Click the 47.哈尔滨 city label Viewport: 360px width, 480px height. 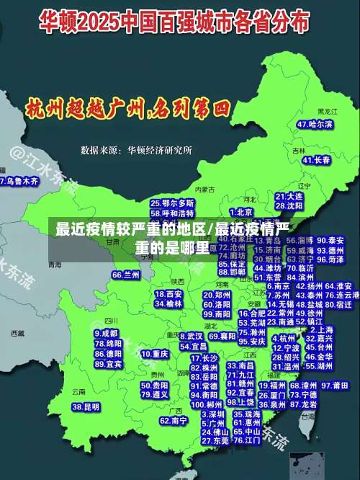(315, 124)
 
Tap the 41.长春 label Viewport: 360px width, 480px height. (312, 160)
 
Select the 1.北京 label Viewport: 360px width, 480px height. (242, 212)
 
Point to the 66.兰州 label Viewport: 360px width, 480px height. (126, 275)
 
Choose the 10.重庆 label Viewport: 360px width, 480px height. (155, 354)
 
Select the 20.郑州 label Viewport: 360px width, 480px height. (212, 295)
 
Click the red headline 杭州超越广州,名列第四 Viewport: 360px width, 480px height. (127, 110)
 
